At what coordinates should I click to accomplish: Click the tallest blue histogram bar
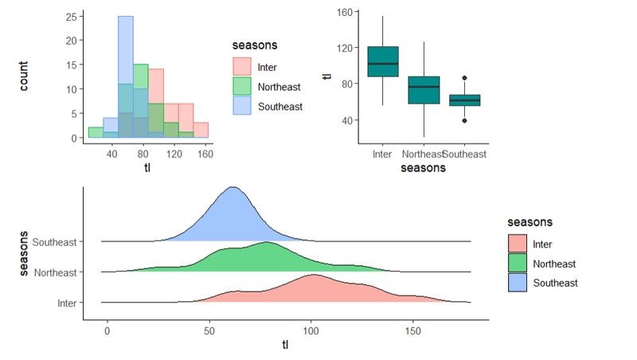[126, 76]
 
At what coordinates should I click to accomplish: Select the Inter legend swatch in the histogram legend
[241, 67]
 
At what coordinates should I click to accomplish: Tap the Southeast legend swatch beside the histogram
[241, 105]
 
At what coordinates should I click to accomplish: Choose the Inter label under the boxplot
[383, 153]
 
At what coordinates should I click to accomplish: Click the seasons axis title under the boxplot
[423, 168]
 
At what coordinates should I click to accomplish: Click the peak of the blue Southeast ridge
[233, 188]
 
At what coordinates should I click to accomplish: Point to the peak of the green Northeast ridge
[267, 243]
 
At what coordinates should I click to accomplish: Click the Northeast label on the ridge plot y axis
[56, 272]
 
